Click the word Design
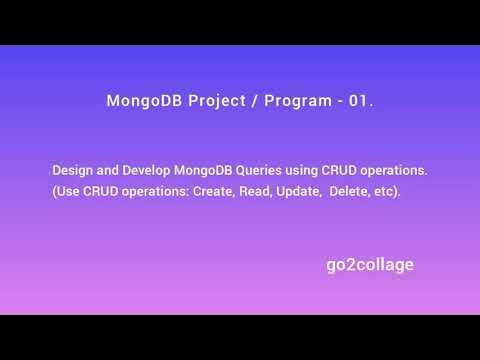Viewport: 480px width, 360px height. (x=73, y=171)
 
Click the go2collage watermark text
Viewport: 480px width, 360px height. (x=369, y=265)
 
